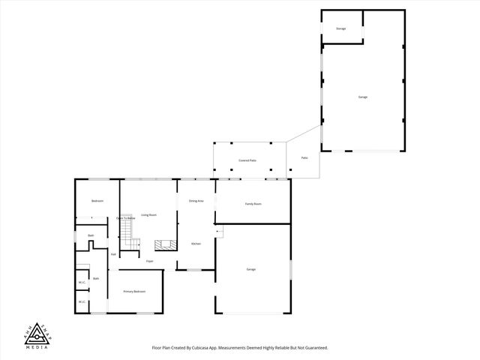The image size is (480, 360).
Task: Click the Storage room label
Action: (340, 28)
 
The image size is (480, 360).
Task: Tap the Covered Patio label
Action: (247, 160)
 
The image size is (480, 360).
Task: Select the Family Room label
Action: (253, 204)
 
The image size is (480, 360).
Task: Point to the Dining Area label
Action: (196, 201)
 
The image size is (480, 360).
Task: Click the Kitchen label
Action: (196, 244)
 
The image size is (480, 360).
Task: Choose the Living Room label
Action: (148, 215)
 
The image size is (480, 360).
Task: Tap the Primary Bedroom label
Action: (134, 291)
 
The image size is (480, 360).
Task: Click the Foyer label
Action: (150, 261)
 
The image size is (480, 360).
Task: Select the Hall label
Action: (113, 254)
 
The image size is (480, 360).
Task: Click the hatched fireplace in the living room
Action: (164, 245)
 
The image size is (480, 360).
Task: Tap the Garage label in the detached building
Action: (362, 97)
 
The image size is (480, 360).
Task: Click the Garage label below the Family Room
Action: (251, 269)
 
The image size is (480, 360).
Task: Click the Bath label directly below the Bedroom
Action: (90, 235)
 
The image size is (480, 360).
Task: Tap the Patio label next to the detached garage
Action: (304, 158)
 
